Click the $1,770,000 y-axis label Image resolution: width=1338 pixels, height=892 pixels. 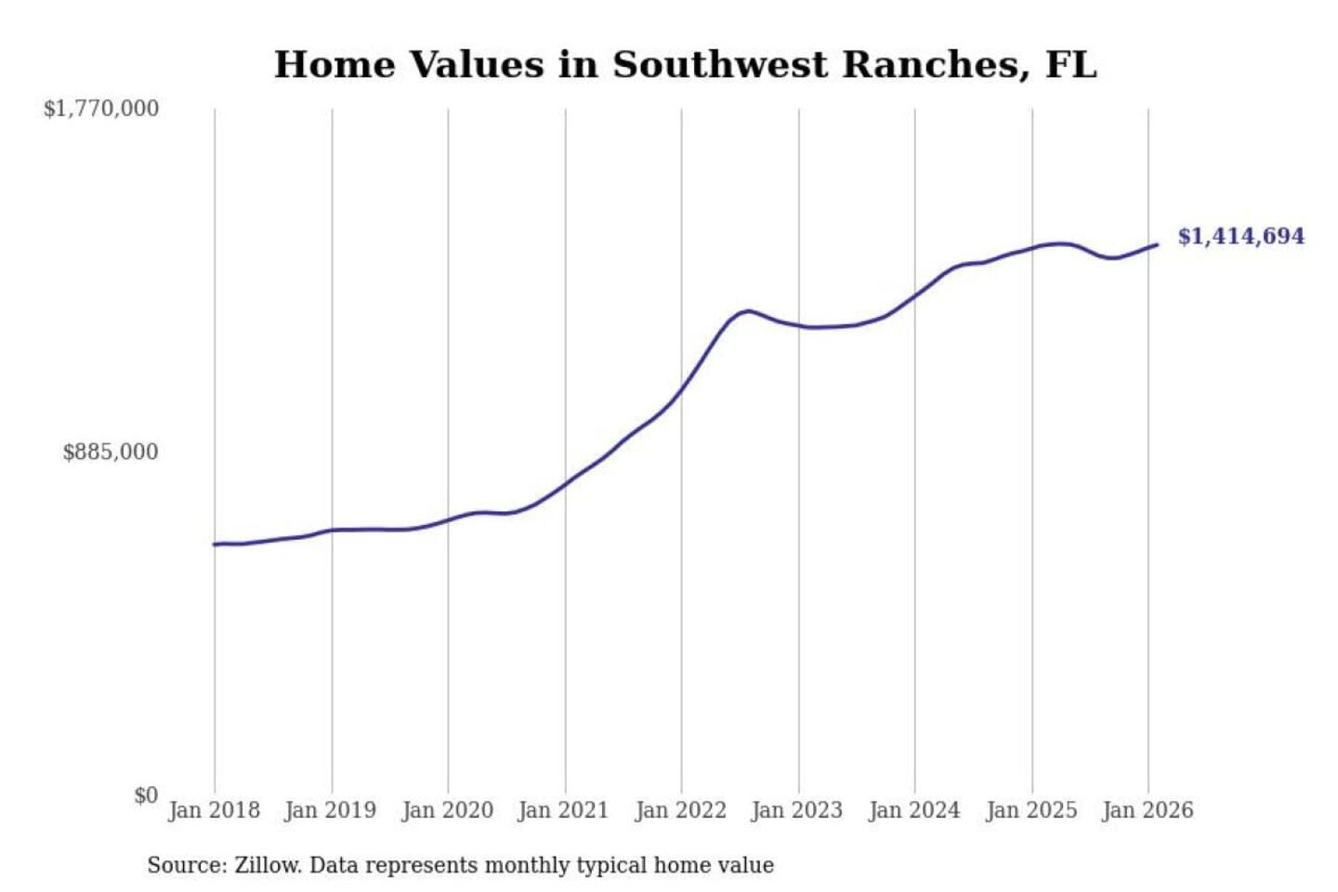click(101, 109)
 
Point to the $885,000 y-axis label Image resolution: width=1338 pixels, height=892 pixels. click(111, 453)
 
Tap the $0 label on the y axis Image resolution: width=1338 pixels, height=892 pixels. click(146, 795)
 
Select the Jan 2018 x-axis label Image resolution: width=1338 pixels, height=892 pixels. click(214, 810)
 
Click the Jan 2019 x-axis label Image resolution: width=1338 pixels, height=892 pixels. click(330, 810)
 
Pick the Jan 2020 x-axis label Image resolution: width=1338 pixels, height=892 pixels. click(447, 810)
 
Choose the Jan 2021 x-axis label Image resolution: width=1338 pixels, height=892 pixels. click(563, 810)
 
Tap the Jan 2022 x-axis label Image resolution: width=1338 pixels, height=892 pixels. click(680, 810)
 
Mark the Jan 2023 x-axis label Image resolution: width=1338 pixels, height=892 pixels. click(796, 810)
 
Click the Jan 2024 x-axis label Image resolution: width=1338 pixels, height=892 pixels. click(913, 810)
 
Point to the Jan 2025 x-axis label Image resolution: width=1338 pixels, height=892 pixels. click(1030, 810)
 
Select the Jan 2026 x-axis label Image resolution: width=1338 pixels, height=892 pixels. click(1147, 810)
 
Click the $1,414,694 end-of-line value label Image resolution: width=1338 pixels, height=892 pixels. click(1240, 236)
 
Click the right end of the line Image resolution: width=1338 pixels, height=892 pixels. click(1157, 244)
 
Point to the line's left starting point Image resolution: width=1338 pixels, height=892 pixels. click(215, 544)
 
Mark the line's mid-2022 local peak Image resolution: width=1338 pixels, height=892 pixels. click(748, 310)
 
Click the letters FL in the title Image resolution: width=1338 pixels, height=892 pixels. click(1071, 65)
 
